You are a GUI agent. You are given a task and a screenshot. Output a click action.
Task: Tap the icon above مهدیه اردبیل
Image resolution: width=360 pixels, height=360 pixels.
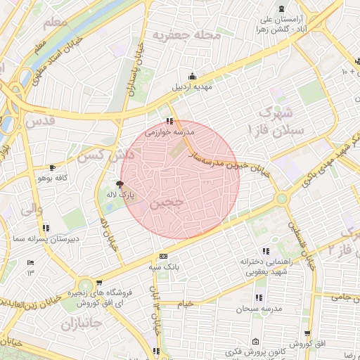click(x=193, y=77)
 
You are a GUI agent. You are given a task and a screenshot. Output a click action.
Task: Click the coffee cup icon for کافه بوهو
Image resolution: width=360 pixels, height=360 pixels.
click(x=53, y=167)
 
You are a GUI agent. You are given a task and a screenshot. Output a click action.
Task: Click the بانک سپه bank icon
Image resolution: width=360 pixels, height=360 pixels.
click(x=163, y=256)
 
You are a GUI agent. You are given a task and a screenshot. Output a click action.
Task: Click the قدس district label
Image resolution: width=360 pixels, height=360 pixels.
click(x=39, y=121)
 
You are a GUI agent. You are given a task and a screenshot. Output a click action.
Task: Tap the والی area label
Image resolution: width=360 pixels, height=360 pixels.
click(x=32, y=209)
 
